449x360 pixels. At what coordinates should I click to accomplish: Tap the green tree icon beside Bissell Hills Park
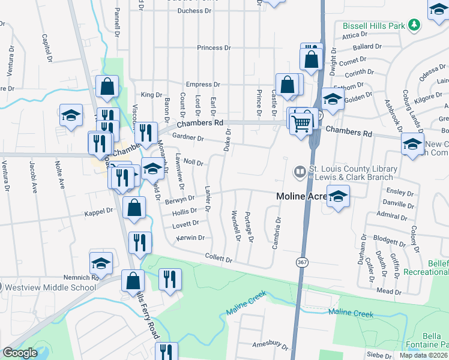point(414,24)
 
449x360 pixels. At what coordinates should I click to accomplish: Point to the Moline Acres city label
point(301,196)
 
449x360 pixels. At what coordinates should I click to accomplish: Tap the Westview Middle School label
point(50,287)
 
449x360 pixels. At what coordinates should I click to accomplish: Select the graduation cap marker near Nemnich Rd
point(101,263)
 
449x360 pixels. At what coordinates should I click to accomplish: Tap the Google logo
point(20,353)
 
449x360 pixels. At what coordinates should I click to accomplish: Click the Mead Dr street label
point(389,291)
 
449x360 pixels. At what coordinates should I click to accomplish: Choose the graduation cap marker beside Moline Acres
point(339,197)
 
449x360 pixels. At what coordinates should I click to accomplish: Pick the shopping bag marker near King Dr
point(107,86)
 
